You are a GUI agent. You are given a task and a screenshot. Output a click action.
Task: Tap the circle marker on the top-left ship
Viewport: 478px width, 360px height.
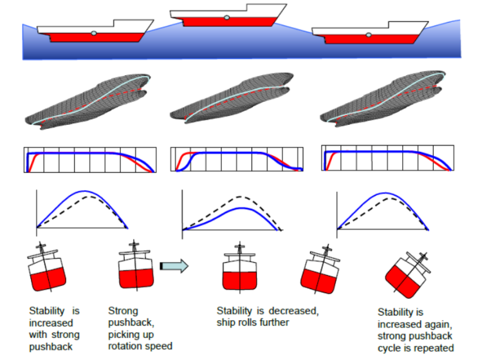tap(94, 33)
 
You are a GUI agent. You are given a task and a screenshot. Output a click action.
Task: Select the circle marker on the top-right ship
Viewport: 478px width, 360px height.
tap(369, 35)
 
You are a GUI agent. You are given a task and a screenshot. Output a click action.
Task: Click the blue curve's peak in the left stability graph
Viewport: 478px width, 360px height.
tap(82, 192)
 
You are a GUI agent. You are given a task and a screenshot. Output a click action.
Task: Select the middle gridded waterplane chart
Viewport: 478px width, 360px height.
tap(237, 160)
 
